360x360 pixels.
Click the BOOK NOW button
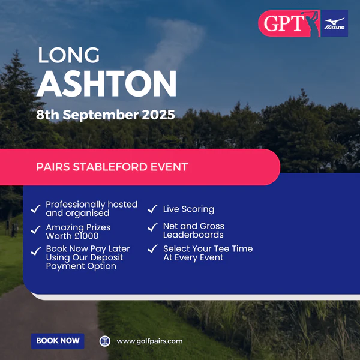tap(58, 341)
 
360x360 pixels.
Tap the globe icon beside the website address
tap(104, 341)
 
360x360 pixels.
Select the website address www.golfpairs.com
tap(149, 341)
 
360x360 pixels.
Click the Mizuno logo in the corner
tap(334, 23)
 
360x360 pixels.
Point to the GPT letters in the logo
tap(283, 23)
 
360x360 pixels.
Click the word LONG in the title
tap(68, 55)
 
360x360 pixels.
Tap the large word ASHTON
tap(107, 84)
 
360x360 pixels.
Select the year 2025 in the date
tap(158, 115)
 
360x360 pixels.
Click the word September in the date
tap(101, 115)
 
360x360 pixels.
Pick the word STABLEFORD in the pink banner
tap(110, 167)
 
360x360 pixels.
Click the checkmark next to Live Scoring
tap(152, 209)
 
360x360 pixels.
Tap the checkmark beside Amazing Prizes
tap(36, 229)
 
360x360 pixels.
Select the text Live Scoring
tap(188, 209)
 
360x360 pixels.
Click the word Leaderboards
tap(193, 235)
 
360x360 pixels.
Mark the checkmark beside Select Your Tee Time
tap(152, 248)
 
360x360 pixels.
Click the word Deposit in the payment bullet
tap(107, 258)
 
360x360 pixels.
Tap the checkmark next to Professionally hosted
tap(36, 209)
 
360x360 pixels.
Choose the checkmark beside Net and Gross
tap(152, 227)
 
